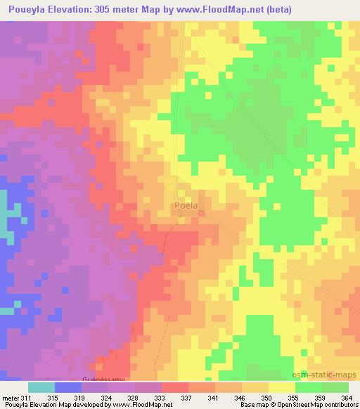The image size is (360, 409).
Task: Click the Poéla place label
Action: [185, 206]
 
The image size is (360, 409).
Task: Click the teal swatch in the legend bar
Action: [41, 387]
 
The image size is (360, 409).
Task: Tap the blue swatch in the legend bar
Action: [68, 387]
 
